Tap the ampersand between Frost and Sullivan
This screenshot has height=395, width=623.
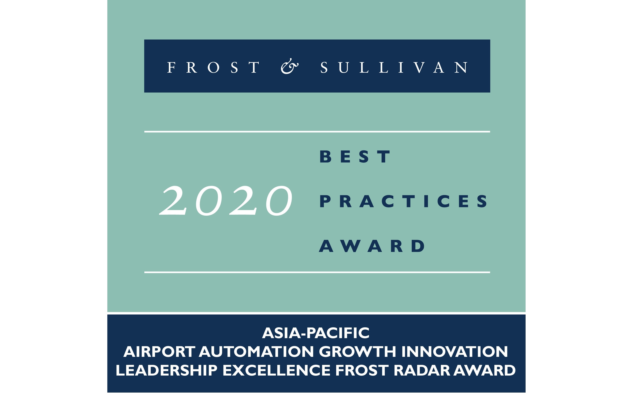coord(289,67)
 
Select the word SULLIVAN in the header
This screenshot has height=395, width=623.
coord(394,68)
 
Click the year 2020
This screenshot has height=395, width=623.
coord(226,201)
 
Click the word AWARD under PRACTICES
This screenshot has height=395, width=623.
coord(372,246)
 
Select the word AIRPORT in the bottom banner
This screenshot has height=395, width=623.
coord(159,352)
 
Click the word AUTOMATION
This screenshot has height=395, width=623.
coord(256,352)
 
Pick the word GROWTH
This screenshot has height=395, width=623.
coord(357,352)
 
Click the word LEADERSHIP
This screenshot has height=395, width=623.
coord(166,370)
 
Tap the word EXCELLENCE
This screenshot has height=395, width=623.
coord(276,370)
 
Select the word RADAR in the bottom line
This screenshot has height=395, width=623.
coord(423,370)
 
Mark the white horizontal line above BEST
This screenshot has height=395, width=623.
coord(317,132)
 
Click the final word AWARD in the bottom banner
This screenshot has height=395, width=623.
coord(484,370)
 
